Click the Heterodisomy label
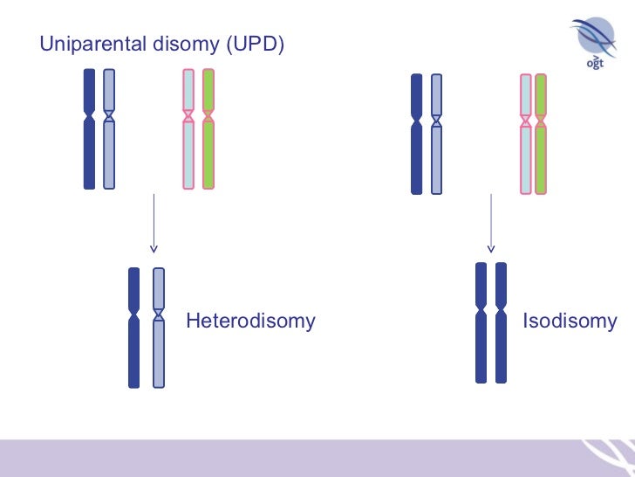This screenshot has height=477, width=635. click(250, 321)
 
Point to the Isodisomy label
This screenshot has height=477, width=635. click(569, 321)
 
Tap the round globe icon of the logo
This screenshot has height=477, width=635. click(594, 37)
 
